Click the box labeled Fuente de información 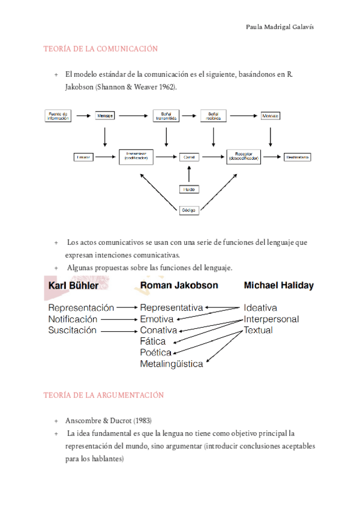(x=58, y=115)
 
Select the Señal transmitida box (x=166, y=115)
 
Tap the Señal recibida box (x=213, y=115)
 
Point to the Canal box (x=188, y=157)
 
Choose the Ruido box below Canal (x=188, y=190)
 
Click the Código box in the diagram (x=188, y=209)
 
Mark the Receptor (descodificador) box (x=245, y=157)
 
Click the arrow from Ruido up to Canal (x=188, y=174)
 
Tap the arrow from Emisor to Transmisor (x=107, y=157)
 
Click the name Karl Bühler (x=73, y=286)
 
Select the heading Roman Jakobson (x=179, y=286)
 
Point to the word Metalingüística (x=171, y=364)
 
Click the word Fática (x=153, y=342)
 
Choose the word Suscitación (x=72, y=330)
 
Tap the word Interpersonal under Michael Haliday (x=271, y=319)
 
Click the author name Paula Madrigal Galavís (x=280, y=28)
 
